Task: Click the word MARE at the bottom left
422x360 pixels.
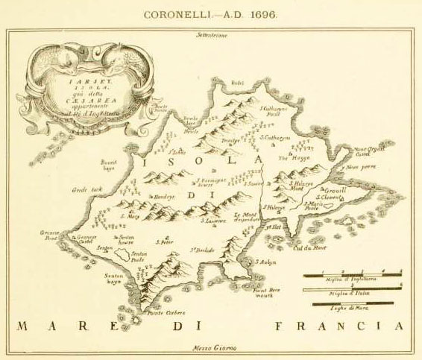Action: click(x=52, y=326)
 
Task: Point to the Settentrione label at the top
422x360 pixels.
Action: click(x=211, y=35)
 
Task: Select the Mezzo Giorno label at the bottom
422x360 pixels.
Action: click(x=210, y=349)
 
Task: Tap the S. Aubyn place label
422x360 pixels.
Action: click(x=266, y=262)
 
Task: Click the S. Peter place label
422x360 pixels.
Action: click(x=164, y=241)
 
